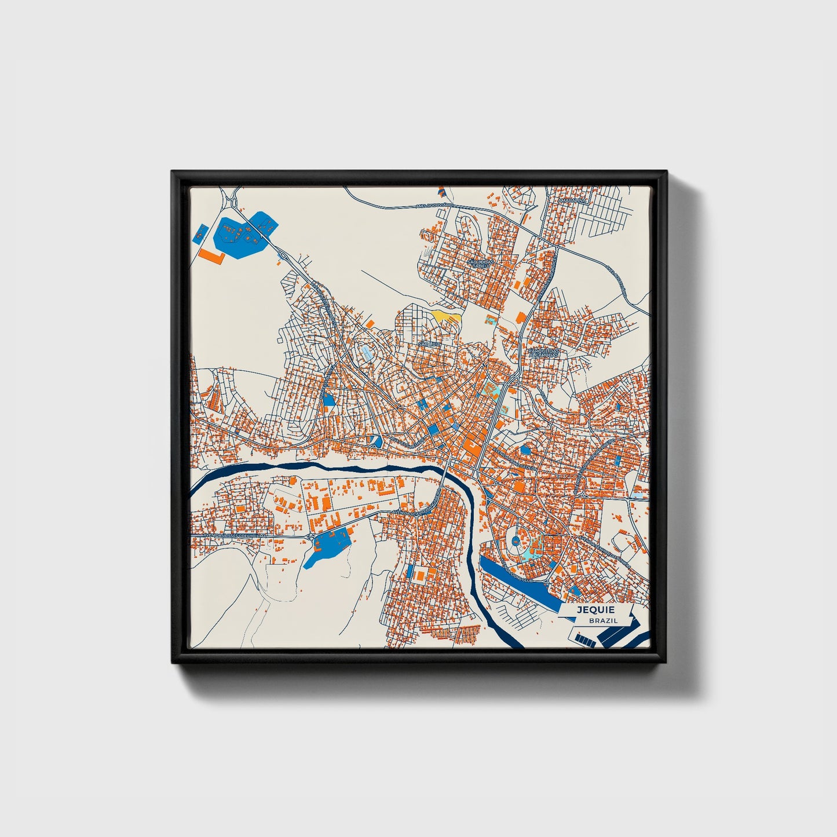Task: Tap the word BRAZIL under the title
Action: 602,620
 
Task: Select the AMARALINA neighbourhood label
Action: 572,200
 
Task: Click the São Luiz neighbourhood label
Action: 429,344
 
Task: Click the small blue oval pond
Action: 525,449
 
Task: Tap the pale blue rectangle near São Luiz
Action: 367,353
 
